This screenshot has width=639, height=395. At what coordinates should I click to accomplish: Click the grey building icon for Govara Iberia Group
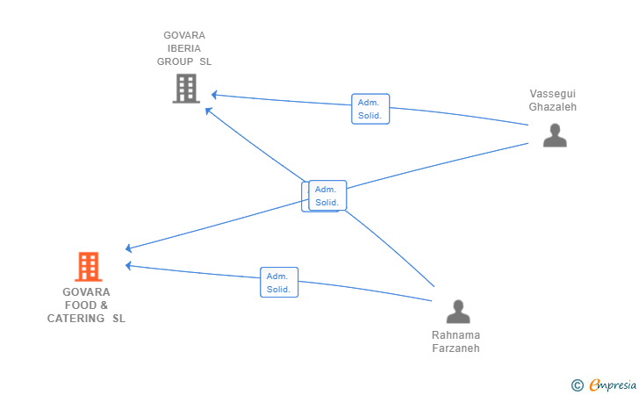(x=186, y=88)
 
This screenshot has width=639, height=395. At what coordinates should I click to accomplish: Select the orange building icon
(x=89, y=267)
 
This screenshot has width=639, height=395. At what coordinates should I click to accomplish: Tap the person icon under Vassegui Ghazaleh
(x=555, y=135)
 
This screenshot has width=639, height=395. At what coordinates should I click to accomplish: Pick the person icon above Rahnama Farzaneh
(x=458, y=312)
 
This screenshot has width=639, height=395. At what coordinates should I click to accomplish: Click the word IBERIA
(x=184, y=48)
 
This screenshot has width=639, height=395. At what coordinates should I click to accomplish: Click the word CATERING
(x=75, y=319)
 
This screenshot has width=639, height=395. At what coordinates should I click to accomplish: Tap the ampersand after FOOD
(x=104, y=305)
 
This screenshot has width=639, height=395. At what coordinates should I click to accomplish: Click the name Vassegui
(x=553, y=94)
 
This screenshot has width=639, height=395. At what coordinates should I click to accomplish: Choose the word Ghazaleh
(x=553, y=107)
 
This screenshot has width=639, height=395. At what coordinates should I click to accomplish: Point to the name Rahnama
(x=456, y=335)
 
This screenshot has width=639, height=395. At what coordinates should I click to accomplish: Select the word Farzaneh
(x=456, y=348)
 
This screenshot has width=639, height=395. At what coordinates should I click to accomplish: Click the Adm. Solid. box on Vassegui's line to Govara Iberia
(x=370, y=109)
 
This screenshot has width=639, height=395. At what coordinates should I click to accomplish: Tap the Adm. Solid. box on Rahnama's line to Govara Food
(x=279, y=282)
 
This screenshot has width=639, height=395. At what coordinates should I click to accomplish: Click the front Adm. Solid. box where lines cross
(x=327, y=195)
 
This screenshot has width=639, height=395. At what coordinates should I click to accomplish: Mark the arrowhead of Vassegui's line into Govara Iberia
(x=214, y=95)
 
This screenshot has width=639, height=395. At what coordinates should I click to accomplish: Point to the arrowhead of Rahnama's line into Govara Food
(x=128, y=266)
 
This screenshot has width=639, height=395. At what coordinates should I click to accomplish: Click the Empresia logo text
(x=613, y=384)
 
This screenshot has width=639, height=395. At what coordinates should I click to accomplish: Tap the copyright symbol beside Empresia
(x=577, y=385)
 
